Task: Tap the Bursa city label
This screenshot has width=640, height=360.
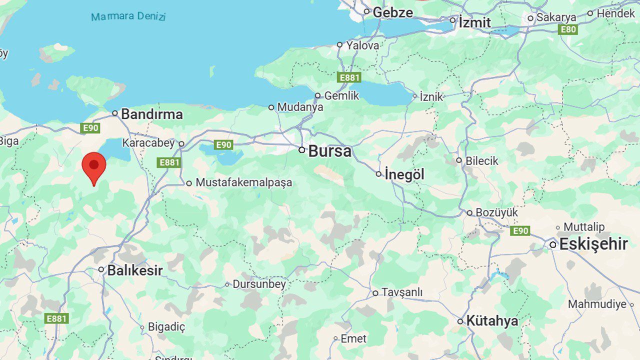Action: coord(329,151)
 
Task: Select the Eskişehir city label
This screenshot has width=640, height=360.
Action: coord(593,244)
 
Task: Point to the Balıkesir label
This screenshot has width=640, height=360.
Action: coord(135,270)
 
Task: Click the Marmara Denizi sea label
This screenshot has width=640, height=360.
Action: coord(128,16)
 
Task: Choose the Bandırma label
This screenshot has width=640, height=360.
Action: coord(151,114)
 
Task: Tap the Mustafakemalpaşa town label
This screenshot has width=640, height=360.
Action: coord(243,183)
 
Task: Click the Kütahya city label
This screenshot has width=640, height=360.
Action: coord(492,321)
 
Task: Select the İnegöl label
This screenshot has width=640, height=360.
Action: coord(404,174)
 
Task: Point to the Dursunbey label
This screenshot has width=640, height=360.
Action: coord(259,284)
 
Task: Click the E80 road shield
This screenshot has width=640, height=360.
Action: coord(568,29)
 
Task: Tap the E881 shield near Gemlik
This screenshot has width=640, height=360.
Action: coord(349,77)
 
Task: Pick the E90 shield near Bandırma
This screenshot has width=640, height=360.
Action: coord(90,128)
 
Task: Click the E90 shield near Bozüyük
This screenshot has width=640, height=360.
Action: coord(520,231)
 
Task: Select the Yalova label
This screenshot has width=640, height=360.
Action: coord(362,45)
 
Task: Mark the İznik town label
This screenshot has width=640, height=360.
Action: coord(431,96)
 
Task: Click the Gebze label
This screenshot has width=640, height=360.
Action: coord(392,12)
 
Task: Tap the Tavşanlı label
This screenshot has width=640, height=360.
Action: coord(402,292)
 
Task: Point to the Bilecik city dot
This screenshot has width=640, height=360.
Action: coord(459,160)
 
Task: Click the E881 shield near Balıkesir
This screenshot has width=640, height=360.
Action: coord(56,318)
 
